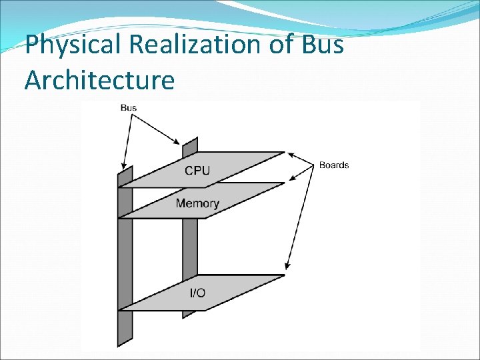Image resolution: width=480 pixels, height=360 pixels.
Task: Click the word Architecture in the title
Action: [99, 80]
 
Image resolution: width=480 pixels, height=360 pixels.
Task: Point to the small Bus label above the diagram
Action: [129, 107]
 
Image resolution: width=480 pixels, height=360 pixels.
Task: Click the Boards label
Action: [333, 165]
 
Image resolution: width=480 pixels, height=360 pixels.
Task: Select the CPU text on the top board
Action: [197, 170]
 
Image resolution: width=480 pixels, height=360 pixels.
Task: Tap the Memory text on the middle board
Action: [197, 203]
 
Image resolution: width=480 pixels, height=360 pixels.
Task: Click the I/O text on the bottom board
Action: [197, 293]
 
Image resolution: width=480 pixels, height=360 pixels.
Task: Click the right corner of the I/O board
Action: [285, 275]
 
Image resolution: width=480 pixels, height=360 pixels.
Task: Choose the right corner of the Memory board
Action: [285, 183]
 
